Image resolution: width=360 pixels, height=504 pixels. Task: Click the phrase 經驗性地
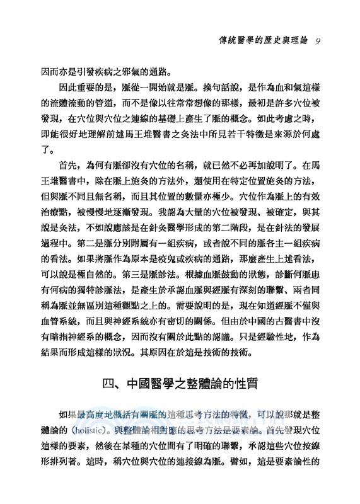tap(285, 326)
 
